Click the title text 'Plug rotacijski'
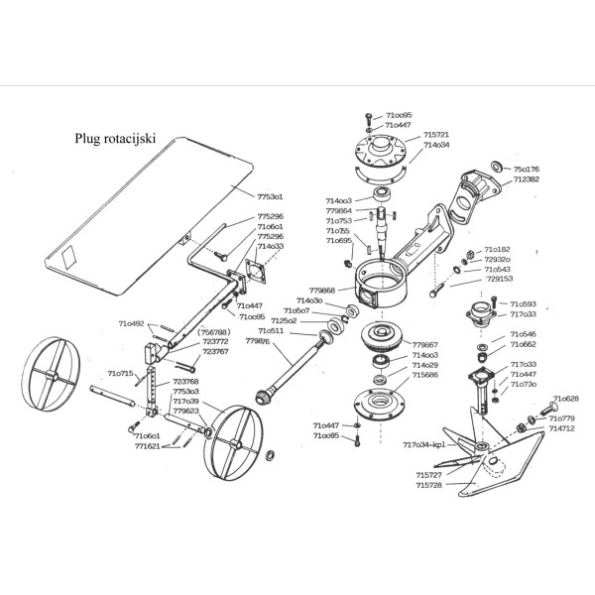(x=116, y=140)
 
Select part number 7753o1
(x=270, y=196)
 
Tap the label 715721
(x=436, y=134)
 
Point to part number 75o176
(x=526, y=170)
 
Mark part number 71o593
(x=523, y=303)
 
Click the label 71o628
(x=565, y=398)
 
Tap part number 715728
(x=428, y=485)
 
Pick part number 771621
(x=147, y=446)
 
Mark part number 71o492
(x=131, y=323)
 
